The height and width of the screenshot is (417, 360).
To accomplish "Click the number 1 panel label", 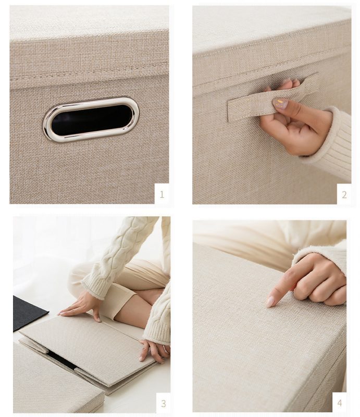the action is coord(162,194).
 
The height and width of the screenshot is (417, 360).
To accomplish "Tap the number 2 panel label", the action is coord(344,195).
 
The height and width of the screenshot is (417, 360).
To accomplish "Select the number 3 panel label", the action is coord(163,403).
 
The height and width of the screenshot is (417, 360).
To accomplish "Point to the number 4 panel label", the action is coord(339,403).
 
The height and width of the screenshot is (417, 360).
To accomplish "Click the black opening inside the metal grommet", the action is coord(91,120).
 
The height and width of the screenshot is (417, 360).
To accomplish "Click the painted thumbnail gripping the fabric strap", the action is coord(280,104).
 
